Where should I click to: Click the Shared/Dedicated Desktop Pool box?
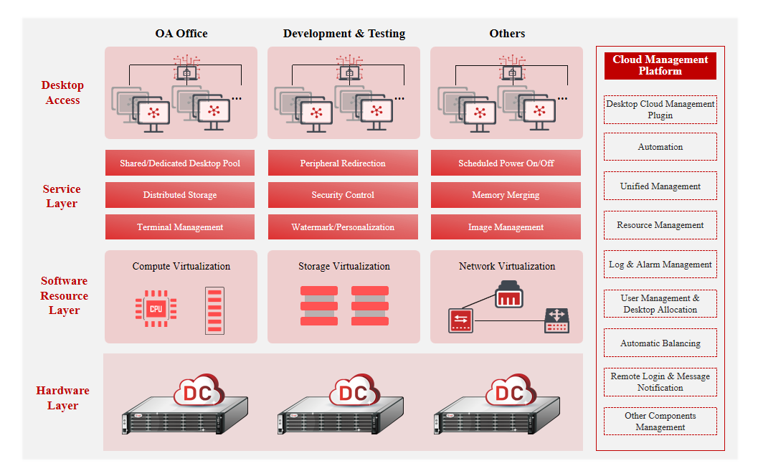pos(180,163)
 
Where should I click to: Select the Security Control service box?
pos(343,195)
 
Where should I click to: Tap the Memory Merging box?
pos(506,195)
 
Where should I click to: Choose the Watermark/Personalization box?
pos(343,227)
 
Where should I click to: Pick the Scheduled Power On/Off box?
pos(506,163)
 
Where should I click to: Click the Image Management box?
pos(506,227)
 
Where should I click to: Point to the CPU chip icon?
pos(156,309)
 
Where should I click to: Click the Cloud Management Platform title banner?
pos(660,65)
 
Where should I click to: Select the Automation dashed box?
pos(660,147)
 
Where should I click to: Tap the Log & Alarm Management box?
pos(660,265)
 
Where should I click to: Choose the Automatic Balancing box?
pos(660,343)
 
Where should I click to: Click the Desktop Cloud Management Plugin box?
pos(660,110)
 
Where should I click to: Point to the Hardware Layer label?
pos(63,398)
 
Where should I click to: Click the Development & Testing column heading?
pos(344,33)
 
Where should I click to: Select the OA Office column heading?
pos(181,33)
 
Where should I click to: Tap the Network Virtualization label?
pos(507,266)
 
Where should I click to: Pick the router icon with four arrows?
pos(557,320)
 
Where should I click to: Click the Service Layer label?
pos(62,196)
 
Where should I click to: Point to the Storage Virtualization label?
pos(344,266)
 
